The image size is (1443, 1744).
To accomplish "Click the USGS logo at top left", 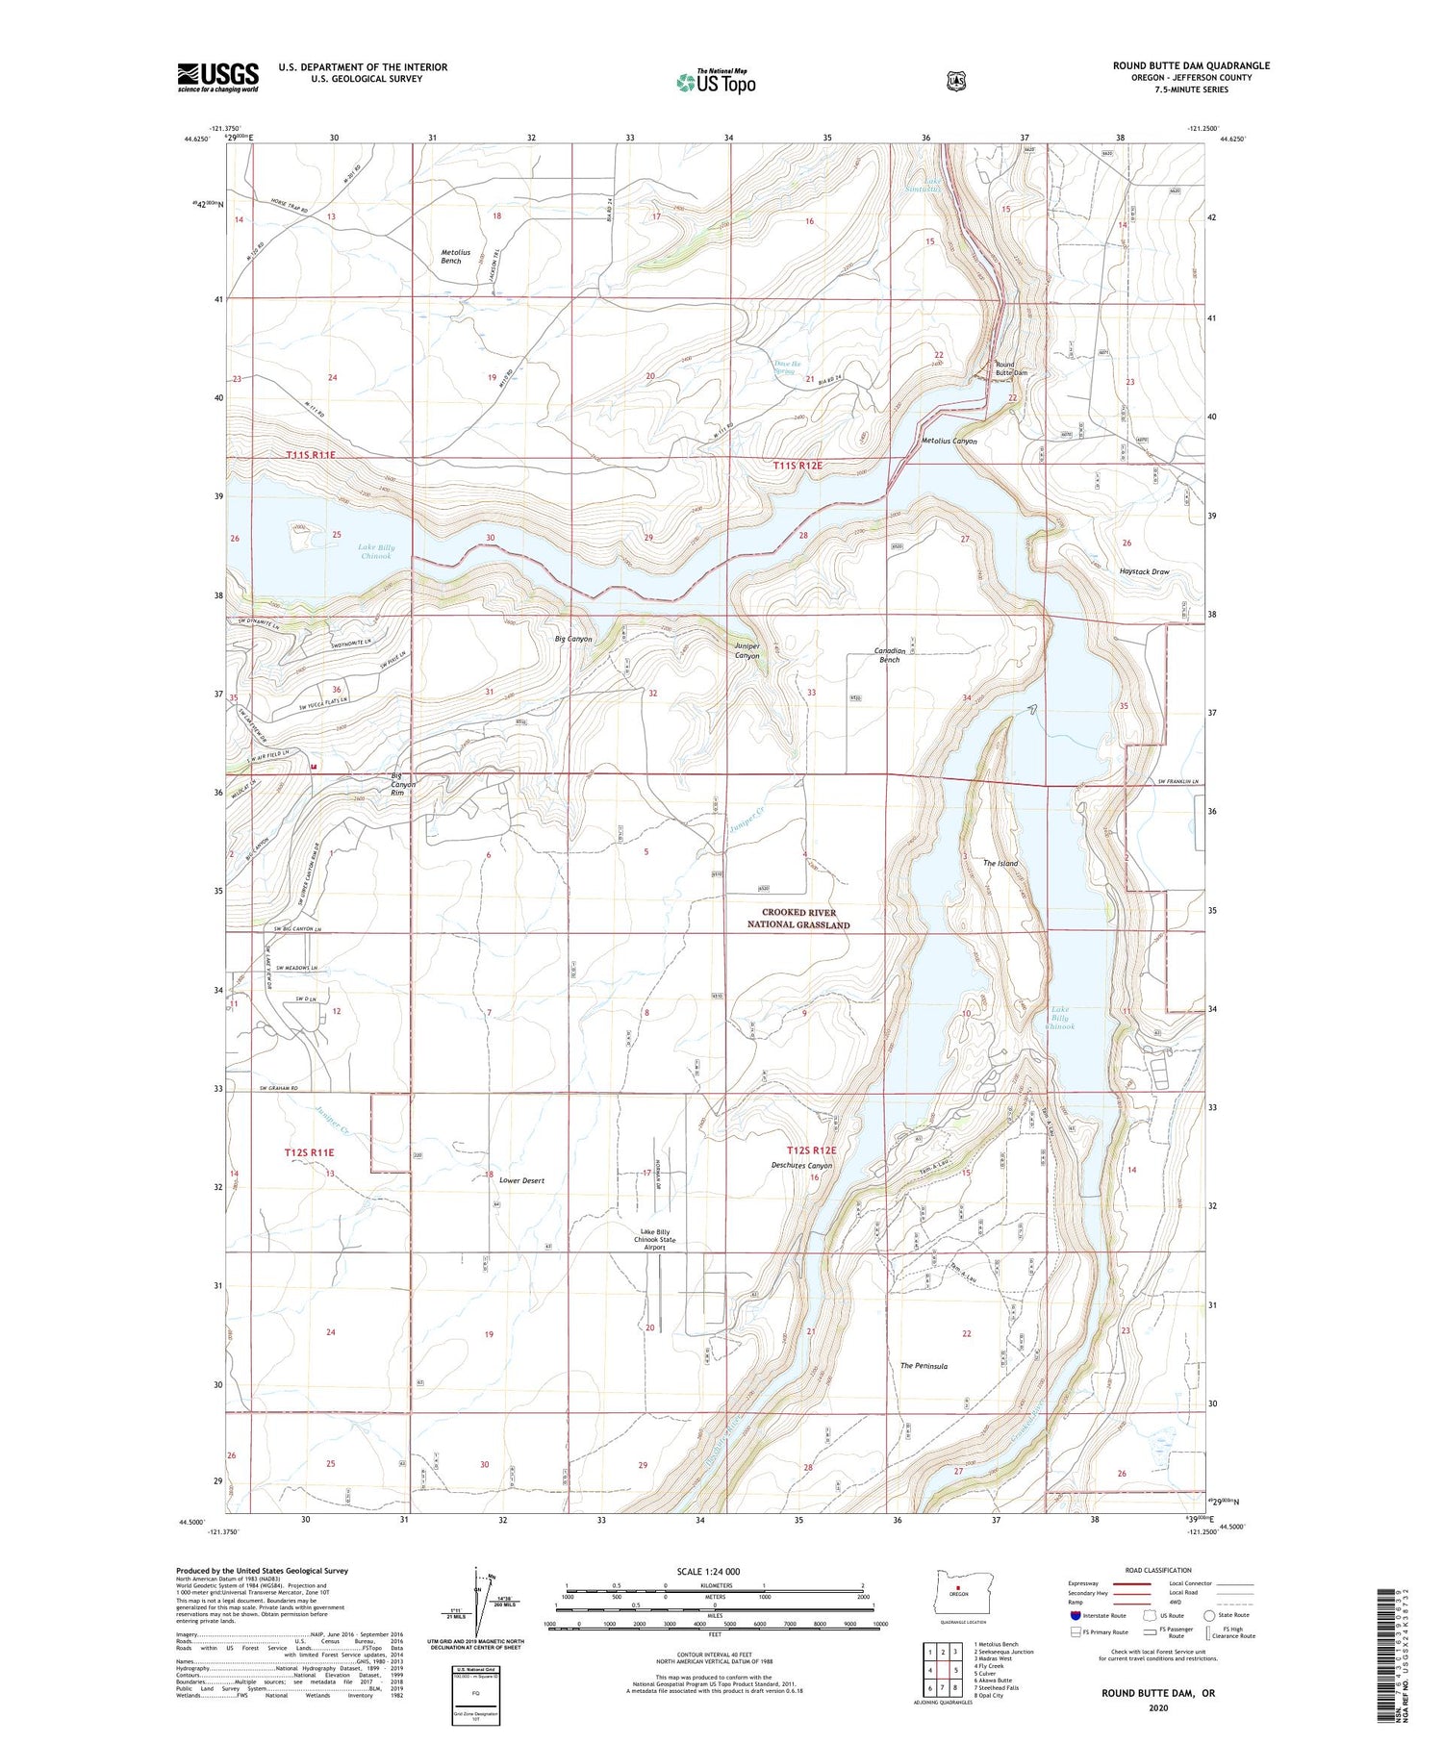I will click(217, 77).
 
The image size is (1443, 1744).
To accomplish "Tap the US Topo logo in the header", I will click(716, 82).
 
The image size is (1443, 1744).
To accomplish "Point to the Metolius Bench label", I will click(450, 256).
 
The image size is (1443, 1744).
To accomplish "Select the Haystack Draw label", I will click(1144, 571).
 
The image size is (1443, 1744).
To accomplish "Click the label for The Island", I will click(1000, 863).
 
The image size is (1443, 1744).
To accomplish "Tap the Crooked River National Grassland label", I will click(798, 918).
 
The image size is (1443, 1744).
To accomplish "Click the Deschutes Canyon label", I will click(801, 1165).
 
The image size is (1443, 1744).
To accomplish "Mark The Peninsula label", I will click(924, 1366).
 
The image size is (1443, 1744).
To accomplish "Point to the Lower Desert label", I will click(521, 1180).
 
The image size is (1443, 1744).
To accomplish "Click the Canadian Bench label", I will click(887, 655).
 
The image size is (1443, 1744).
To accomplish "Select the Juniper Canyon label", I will click(747, 651).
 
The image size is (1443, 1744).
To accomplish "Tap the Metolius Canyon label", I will click(949, 442).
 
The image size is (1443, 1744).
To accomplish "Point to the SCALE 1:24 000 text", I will click(708, 1571).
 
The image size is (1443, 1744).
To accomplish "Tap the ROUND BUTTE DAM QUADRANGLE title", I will click(1191, 65).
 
